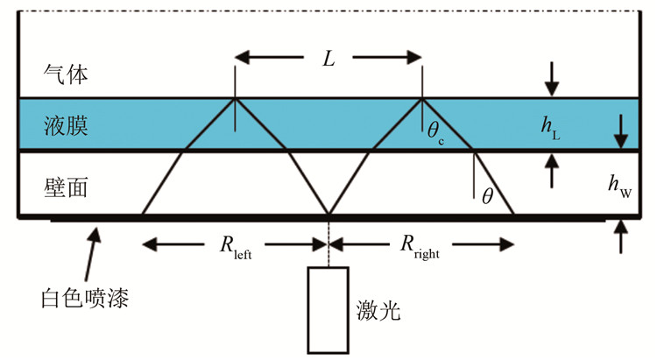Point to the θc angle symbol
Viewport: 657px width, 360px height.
(435, 133)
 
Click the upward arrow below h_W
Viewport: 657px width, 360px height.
(620, 236)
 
